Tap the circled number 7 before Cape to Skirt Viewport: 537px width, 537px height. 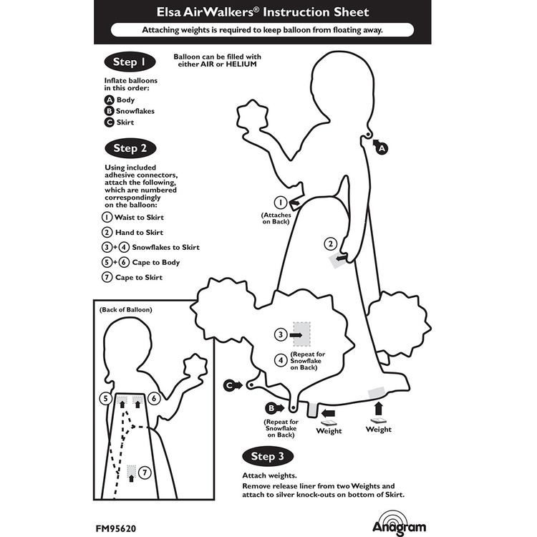107,277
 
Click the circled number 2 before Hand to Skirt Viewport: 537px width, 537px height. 107,232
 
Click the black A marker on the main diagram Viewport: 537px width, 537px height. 382,148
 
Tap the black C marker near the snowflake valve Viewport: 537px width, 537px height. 231,385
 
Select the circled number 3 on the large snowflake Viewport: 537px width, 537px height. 281,334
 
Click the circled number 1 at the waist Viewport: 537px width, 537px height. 282,203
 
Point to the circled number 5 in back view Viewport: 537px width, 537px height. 105,398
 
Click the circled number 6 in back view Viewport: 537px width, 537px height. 154,398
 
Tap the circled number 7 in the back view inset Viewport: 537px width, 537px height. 145,473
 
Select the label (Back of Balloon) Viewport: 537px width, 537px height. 125,309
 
